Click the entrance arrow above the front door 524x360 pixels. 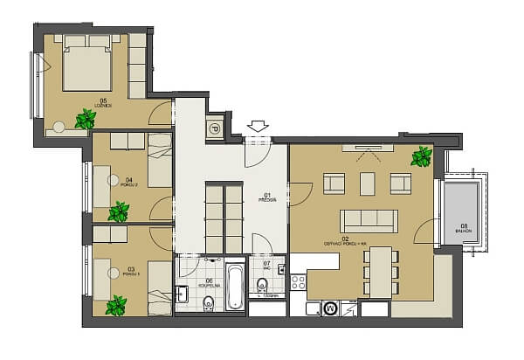(x=258, y=127)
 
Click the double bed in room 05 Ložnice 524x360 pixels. (x=86, y=64)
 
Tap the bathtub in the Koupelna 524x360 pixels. (x=235, y=286)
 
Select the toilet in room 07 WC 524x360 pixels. (x=262, y=283)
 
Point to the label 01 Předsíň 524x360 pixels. (x=267, y=197)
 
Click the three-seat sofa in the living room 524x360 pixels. (x=369, y=221)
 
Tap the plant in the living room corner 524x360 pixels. (x=422, y=157)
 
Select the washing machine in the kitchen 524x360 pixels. (x=330, y=308)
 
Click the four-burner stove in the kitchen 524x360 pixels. (x=298, y=282)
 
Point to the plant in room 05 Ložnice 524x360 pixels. (x=86, y=119)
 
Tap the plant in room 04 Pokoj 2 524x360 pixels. (x=119, y=211)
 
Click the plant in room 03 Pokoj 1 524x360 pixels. (x=115, y=306)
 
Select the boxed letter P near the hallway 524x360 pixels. (x=214, y=128)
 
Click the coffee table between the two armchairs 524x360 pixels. (x=367, y=183)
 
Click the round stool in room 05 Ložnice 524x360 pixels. (x=59, y=128)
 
